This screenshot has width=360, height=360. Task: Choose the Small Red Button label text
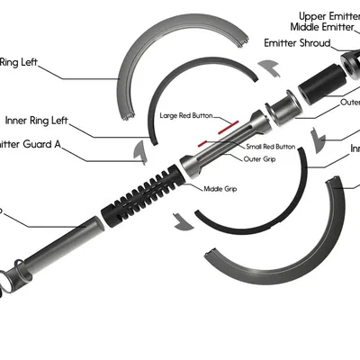[270, 146]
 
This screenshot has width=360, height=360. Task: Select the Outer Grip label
[259, 161]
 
